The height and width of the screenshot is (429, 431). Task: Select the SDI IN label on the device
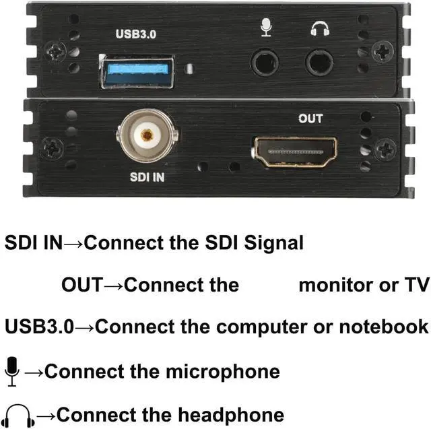[146, 177]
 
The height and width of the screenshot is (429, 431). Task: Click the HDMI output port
[295, 152]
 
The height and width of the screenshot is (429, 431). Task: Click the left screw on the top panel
[56, 49]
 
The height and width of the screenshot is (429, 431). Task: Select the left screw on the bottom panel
[51, 147]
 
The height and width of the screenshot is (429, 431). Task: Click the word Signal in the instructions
[269, 242]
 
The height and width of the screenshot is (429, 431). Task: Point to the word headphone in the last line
[228, 414]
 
